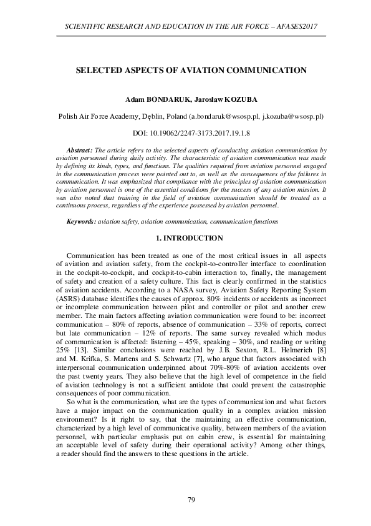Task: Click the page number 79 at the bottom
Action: [x=192, y=499]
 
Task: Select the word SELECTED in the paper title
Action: [x=98, y=71]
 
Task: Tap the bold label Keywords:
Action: [x=81, y=222]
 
